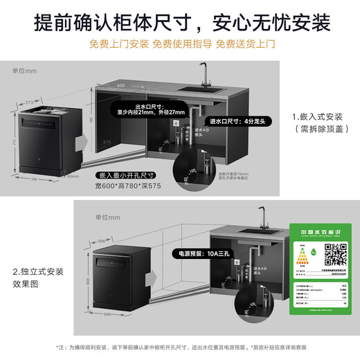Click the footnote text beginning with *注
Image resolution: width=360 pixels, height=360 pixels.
point(180,348)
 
